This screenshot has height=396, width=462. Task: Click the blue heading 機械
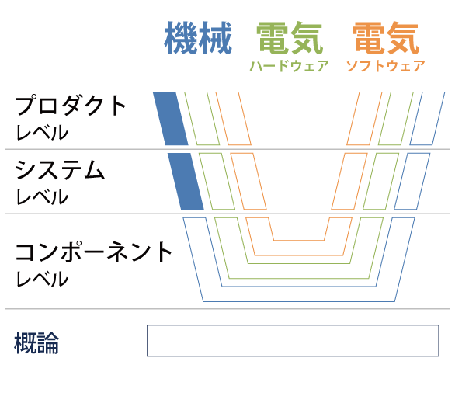(198, 38)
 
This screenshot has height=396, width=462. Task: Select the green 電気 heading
(290, 38)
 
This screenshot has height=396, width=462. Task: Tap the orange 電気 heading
(386, 38)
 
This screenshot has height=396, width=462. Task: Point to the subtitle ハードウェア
(290, 66)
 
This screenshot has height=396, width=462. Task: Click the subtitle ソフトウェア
(386, 66)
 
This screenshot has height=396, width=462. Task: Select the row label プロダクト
(71, 105)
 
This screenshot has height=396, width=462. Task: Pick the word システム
(60, 170)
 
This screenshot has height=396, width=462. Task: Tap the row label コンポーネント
(94, 252)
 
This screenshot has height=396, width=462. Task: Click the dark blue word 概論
(36, 342)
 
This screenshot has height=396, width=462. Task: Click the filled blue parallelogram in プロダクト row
(171, 119)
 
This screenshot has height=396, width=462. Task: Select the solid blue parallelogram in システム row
(186, 181)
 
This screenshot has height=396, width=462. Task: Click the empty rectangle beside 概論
(293, 325)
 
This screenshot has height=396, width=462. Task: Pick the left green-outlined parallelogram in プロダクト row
(190, 119)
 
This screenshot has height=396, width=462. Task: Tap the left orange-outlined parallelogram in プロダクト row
(221, 119)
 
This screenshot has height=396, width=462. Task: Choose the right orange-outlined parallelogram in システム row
(338, 181)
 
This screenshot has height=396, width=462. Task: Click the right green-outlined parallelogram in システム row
(369, 181)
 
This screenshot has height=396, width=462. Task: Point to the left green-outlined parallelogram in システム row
(205, 181)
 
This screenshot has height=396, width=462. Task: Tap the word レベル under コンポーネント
(42, 279)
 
